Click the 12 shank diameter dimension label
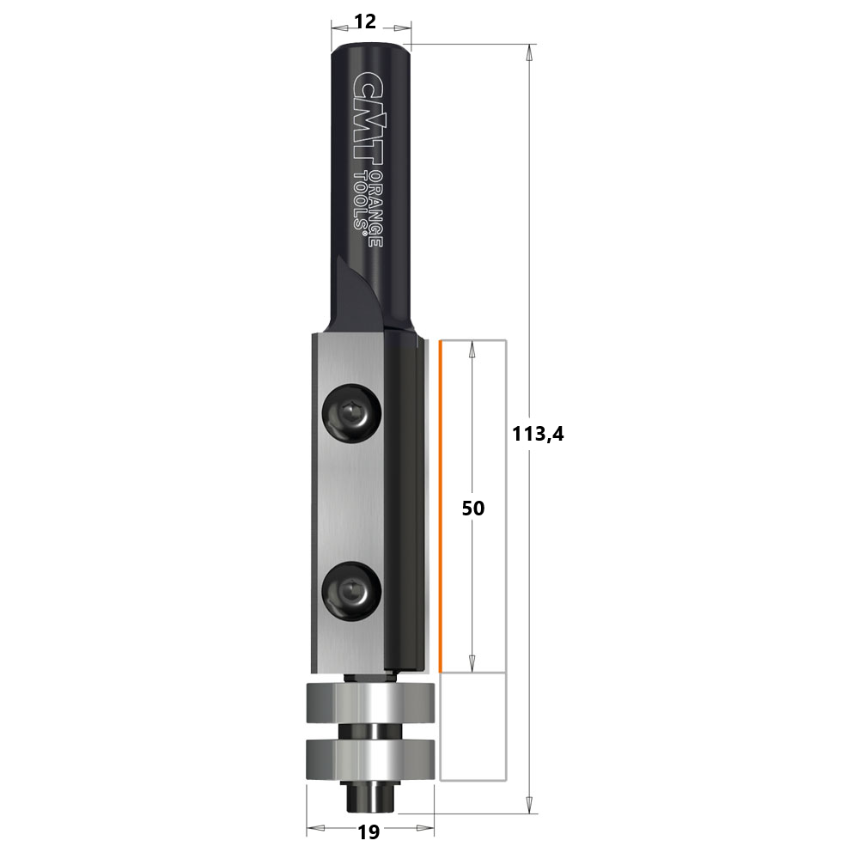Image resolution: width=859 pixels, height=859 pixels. pos(365,22)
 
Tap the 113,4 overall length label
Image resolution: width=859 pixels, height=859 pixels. pos(538,434)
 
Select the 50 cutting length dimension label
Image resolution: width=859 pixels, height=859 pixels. pos(473,509)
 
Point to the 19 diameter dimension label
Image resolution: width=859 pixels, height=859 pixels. pos(369,832)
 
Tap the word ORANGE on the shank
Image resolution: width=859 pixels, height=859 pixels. pos(375,208)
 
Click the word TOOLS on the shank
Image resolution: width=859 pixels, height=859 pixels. pos(361,201)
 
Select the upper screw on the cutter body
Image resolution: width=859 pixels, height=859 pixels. pos(351,412)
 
